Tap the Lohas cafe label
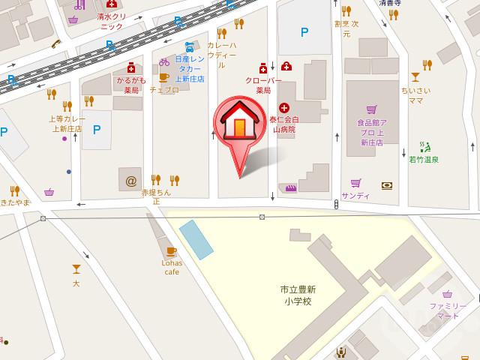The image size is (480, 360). pos(171,268)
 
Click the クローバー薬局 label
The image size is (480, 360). pos(262,84)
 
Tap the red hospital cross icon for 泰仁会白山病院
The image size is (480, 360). pos(284,108)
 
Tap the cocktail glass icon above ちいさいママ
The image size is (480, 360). pos(415,76)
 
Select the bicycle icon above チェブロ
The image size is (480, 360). pos(164,62)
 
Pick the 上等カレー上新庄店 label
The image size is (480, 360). pos(67,123)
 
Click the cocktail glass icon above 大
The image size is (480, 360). pos(76,268)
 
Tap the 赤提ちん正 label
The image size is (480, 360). pos(157,196)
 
